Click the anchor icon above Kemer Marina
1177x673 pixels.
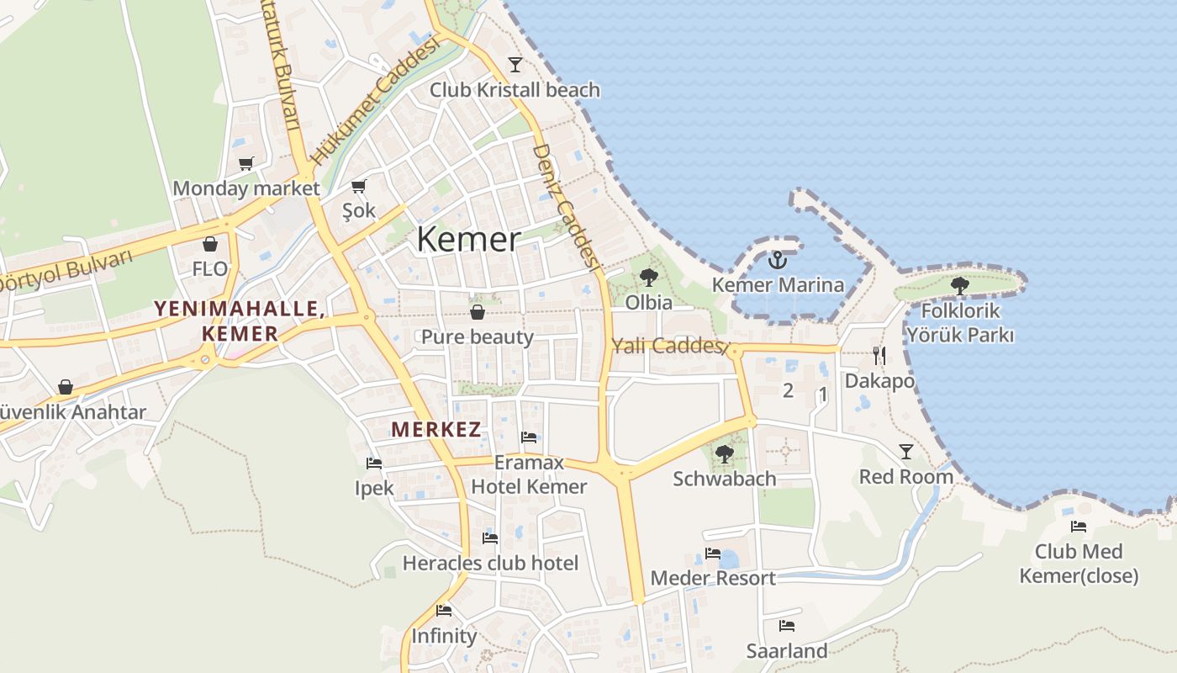point(777,259)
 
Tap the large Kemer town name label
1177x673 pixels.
point(468,240)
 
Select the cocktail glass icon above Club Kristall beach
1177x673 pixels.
point(515,65)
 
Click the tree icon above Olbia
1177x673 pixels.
point(648,277)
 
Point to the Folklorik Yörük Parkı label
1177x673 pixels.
point(959,323)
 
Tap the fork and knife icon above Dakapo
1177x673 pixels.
point(879,355)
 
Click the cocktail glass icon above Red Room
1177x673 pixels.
point(905,452)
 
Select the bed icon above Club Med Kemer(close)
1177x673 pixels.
point(1079,527)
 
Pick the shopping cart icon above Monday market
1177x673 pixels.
point(245,163)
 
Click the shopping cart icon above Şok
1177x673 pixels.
point(359,185)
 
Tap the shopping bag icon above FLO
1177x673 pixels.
point(209,244)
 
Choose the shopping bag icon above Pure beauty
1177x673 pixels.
point(478,312)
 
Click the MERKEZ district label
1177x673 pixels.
point(436,430)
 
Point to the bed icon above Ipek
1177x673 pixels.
point(374,463)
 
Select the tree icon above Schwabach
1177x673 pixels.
point(724,454)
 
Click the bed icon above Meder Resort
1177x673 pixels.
point(713,554)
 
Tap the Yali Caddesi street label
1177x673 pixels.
point(668,346)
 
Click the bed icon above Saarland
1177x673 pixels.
point(787,626)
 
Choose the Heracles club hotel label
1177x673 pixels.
point(490,563)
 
